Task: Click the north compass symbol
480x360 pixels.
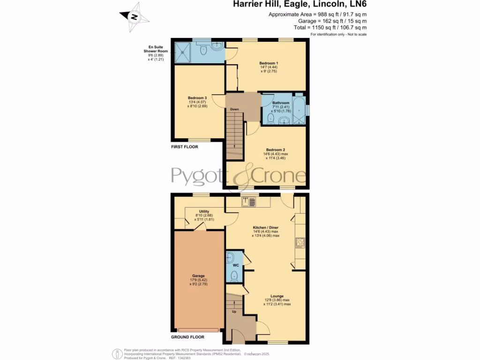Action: click(x=135, y=17)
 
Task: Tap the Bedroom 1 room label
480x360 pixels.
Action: click(x=269, y=63)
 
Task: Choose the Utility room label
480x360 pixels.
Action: click(x=204, y=211)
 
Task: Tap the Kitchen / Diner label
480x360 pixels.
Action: click(x=266, y=227)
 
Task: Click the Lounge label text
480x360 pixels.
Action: click(x=277, y=296)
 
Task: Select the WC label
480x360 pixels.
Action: click(x=236, y=265)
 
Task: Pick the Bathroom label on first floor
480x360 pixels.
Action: click(x=281, y=103)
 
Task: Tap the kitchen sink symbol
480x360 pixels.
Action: click(x=249, y=202)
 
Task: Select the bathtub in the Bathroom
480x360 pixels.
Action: click(x=299, y=111)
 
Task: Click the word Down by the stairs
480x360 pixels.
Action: click(x=234, y=109)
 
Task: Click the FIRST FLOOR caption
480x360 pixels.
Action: click(x=184, y=147)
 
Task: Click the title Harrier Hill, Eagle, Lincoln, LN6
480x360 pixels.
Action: click(x=300, y=5)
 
